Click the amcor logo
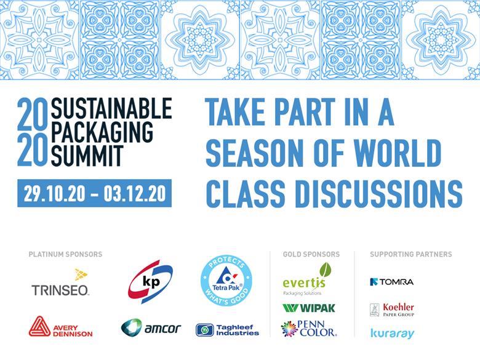[151, 327]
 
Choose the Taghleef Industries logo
[227, 330]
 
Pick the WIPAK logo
[309, 308]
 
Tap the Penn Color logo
[308, 329]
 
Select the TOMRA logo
[392, 282]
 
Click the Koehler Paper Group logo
[392, 309]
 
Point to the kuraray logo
[392, 333]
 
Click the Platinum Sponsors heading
[65, 254]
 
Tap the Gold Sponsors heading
[311, 254]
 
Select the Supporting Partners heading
[410, 254]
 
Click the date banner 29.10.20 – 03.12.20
[94, 193]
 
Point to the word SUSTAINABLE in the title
[111, 109]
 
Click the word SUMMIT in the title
[87, 157]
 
